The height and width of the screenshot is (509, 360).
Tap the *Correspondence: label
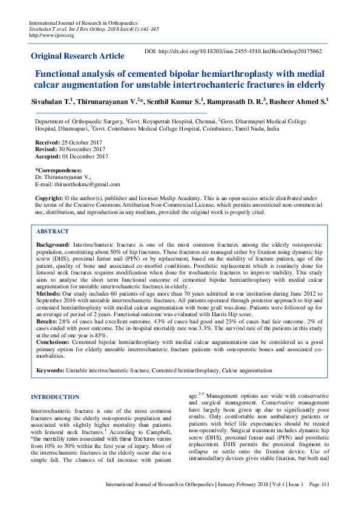pyautogui.click(x=59, y=170)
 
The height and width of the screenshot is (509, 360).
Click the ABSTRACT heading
pyautogui.click(x=53, y=232)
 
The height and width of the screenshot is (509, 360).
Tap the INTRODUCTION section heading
pyautogui.click(x=54, y=397)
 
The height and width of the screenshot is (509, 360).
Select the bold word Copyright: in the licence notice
pyautogui.click(x=49, y=198)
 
